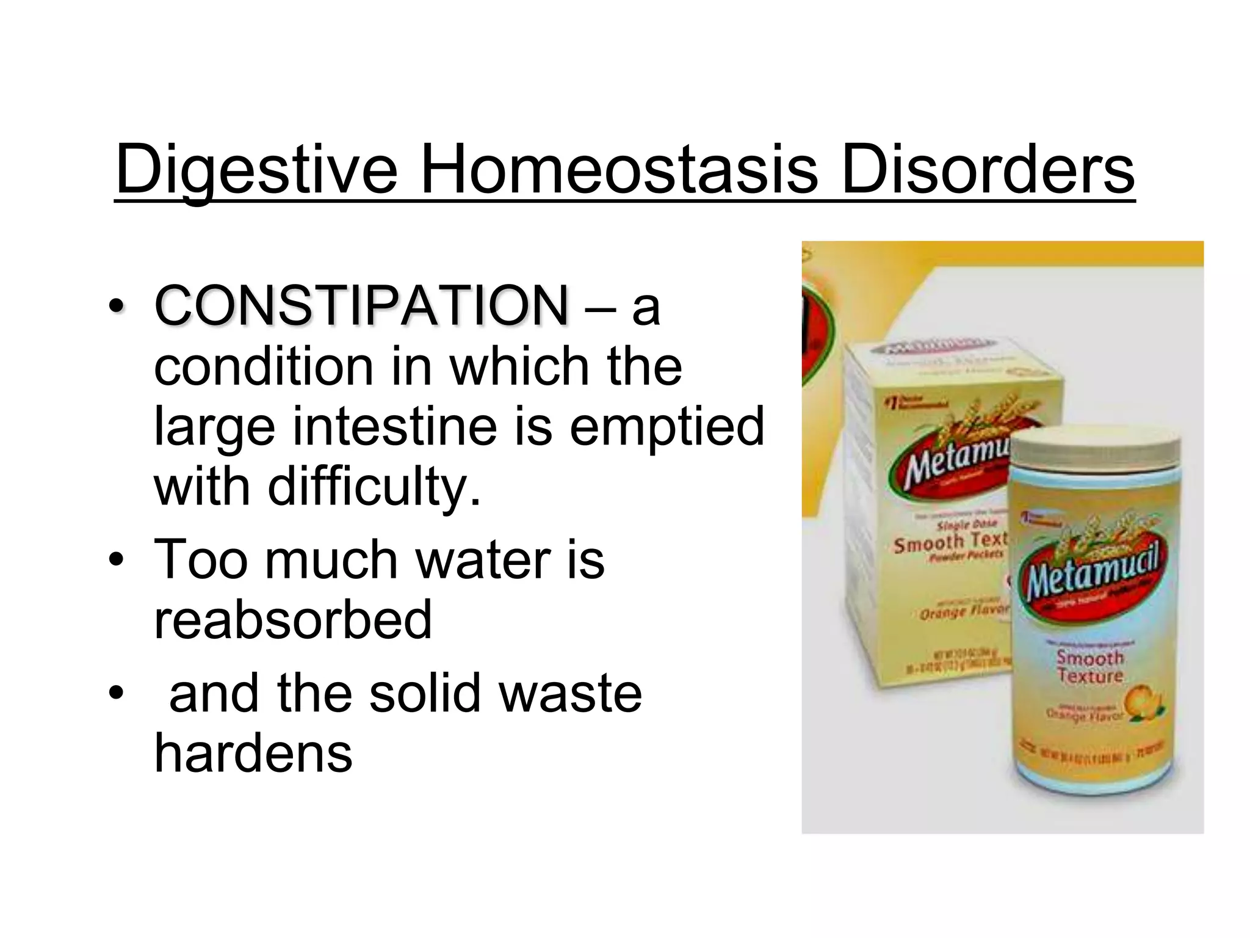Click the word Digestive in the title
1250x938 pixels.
click(x=256, y=168)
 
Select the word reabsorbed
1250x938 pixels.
click(x=293, y=619)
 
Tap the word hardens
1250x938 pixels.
click(x=253, y=752)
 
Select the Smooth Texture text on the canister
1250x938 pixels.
click(x=1090, y=667)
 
